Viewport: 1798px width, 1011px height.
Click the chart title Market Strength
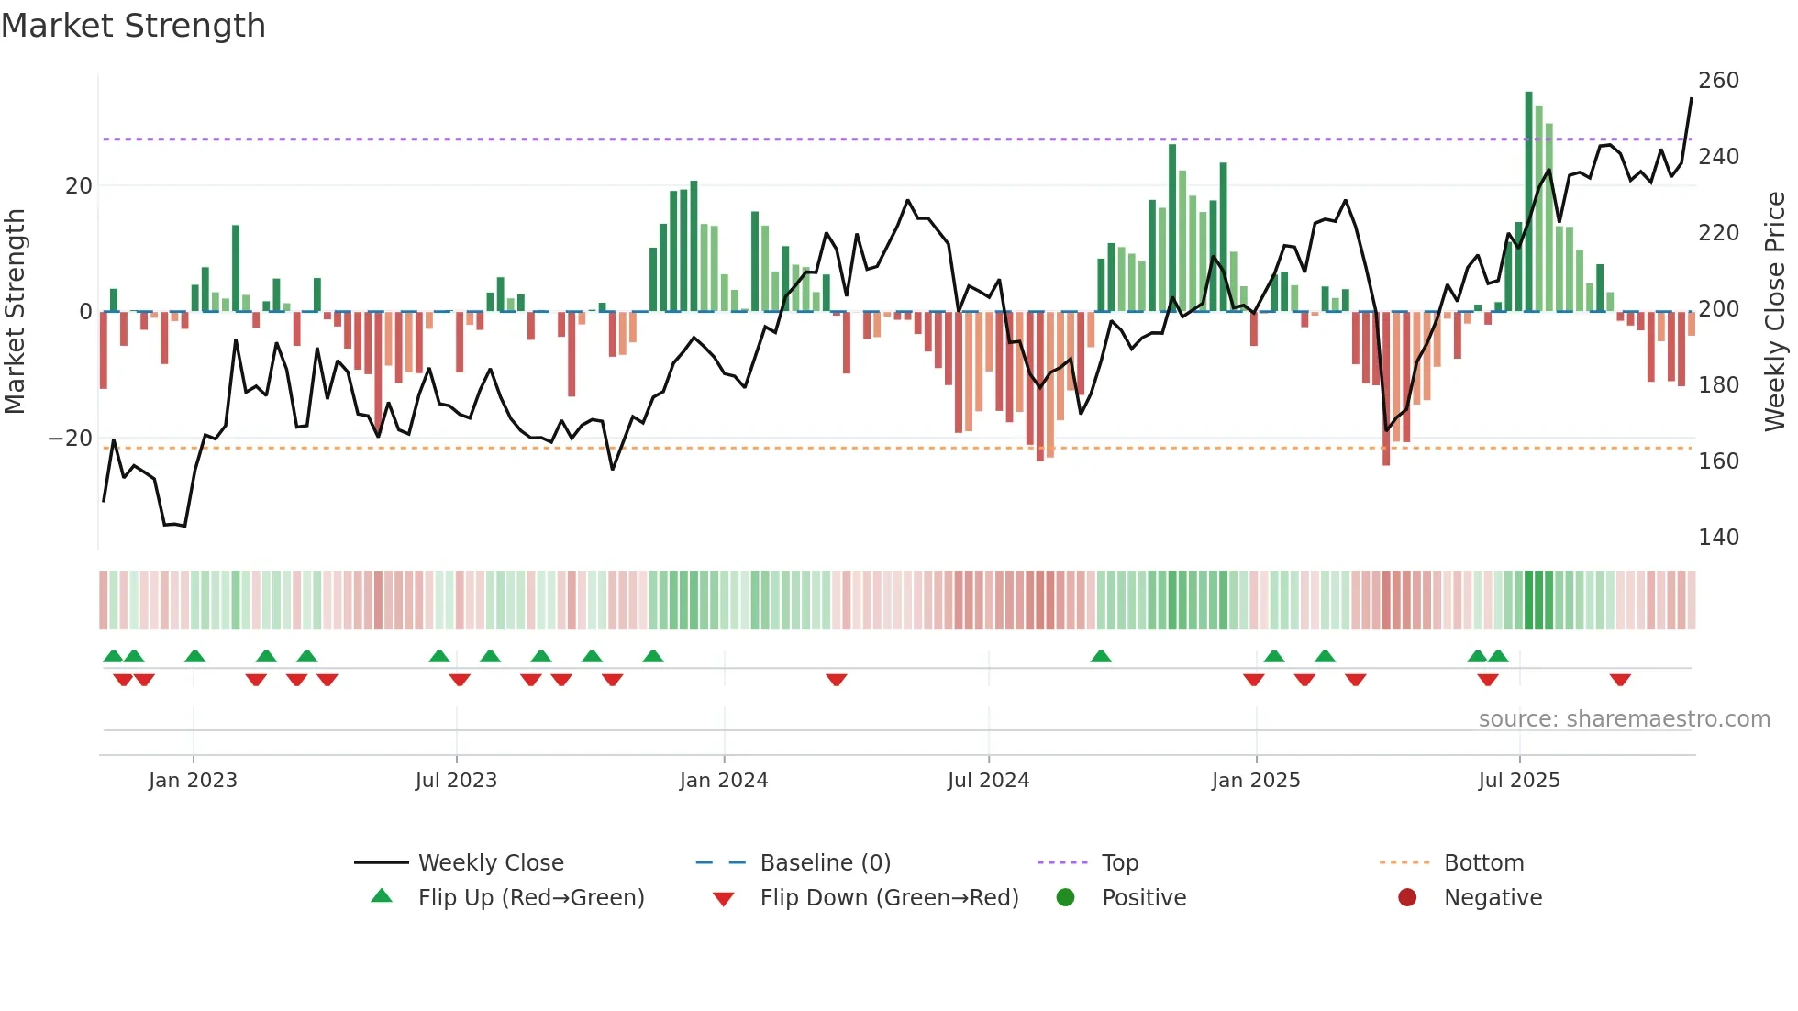point(133,26)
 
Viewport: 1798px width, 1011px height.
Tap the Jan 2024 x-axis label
point(723,781)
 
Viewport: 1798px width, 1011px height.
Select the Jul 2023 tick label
point(455,781)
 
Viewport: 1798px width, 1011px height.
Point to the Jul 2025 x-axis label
point(1518,781)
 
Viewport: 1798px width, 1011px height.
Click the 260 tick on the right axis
point(1718,81)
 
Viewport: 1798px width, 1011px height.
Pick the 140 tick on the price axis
point(1718,538)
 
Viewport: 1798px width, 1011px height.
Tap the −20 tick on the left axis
point(70,439)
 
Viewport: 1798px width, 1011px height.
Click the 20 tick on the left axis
point(78,186)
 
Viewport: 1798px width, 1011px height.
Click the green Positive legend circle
point(1065,897)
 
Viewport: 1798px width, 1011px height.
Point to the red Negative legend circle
point(1407,897)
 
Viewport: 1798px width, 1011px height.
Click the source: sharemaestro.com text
point(1624,719)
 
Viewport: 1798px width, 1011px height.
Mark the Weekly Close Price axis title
point(1775,312)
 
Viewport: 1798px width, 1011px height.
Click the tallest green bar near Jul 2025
point(1528,202)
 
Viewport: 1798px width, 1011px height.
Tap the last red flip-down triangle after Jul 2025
point(1620,680)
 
